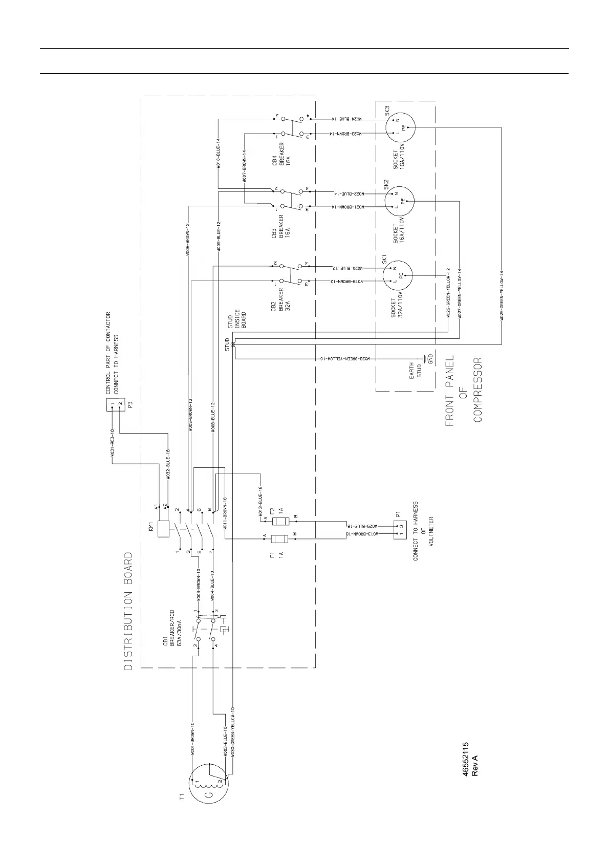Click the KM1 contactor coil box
point(164,529)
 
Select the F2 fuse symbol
point(279,521)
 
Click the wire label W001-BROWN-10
point(192,738)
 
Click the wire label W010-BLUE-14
point(218,154)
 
